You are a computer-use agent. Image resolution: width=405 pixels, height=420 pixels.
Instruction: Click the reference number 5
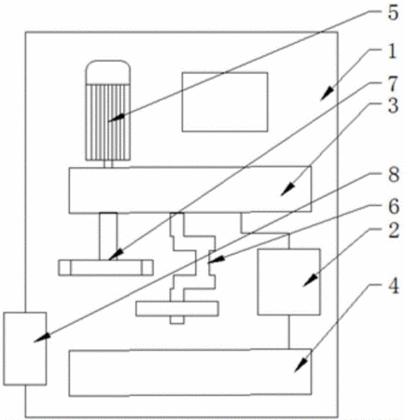393,13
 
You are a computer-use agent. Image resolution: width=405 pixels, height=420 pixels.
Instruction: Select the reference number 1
393,51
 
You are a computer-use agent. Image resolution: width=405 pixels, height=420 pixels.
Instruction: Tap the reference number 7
393,84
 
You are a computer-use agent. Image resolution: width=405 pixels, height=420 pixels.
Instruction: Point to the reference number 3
393,105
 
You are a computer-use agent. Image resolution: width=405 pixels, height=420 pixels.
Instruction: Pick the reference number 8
394,175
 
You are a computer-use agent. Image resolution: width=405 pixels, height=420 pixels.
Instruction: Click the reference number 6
394,207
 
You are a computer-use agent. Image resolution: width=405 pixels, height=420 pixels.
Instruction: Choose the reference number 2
394,231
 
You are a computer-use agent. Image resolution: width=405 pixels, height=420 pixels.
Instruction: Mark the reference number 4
394,287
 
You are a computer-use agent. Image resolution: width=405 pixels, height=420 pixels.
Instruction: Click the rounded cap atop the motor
108,72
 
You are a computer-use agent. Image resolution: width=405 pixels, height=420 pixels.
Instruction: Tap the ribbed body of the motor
108,122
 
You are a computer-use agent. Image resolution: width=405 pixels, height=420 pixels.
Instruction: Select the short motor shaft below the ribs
108,164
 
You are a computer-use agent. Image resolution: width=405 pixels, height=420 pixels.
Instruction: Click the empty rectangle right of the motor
225,102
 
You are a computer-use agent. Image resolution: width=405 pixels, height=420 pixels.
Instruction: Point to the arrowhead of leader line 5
116,118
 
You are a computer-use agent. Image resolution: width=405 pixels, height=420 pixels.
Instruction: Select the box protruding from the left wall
25,349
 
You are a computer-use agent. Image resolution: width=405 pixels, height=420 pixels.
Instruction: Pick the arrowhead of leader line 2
311,280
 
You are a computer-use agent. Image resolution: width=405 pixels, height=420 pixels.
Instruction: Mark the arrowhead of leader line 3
287,189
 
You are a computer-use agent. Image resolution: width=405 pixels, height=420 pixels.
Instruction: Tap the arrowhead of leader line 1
328,93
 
